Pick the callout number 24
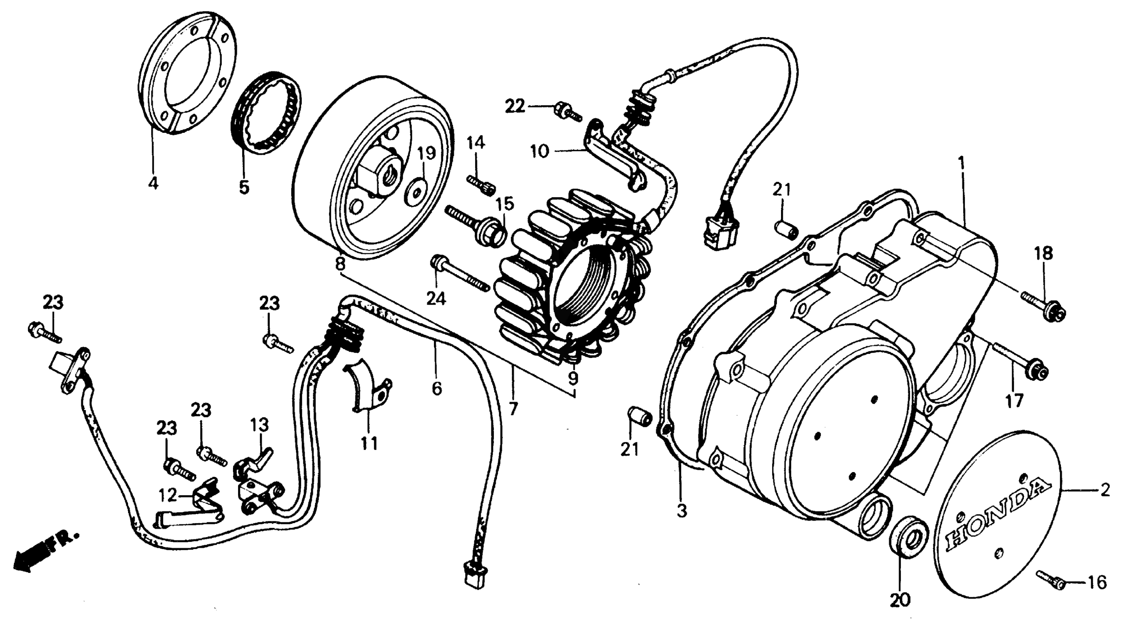[436, 299]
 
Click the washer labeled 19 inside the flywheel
[415, 192]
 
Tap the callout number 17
[1014, 400]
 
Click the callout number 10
[540, 152]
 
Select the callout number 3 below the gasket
[682, 510]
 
